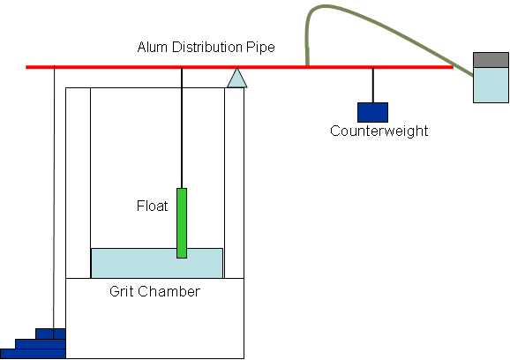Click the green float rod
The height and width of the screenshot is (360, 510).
tap(182, 223)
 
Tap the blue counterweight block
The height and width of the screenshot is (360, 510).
tap(372, 113)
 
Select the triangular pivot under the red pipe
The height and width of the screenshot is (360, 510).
tap(236, 78)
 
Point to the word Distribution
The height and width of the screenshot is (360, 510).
tap(206, 47)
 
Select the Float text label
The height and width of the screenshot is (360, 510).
tap(153, 206)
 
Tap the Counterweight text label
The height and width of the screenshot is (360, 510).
tap(379, 131)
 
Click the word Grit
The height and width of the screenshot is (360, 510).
tap(121, 291)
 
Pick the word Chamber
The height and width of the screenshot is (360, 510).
tap(169, 291)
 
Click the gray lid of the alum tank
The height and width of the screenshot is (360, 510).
tap(491, 60)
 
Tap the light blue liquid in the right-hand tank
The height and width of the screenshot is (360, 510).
tap(491, 86)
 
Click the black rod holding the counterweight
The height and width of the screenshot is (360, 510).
tap(372, 86)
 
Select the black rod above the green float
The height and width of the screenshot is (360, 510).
tap(182, 128)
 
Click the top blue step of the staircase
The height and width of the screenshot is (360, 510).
tap(50, 334)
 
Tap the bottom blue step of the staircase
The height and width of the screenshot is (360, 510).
tap(33, 354)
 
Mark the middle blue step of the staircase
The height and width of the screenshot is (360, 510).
tap(41, 344)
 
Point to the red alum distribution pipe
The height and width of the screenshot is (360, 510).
tap(239, 67)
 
